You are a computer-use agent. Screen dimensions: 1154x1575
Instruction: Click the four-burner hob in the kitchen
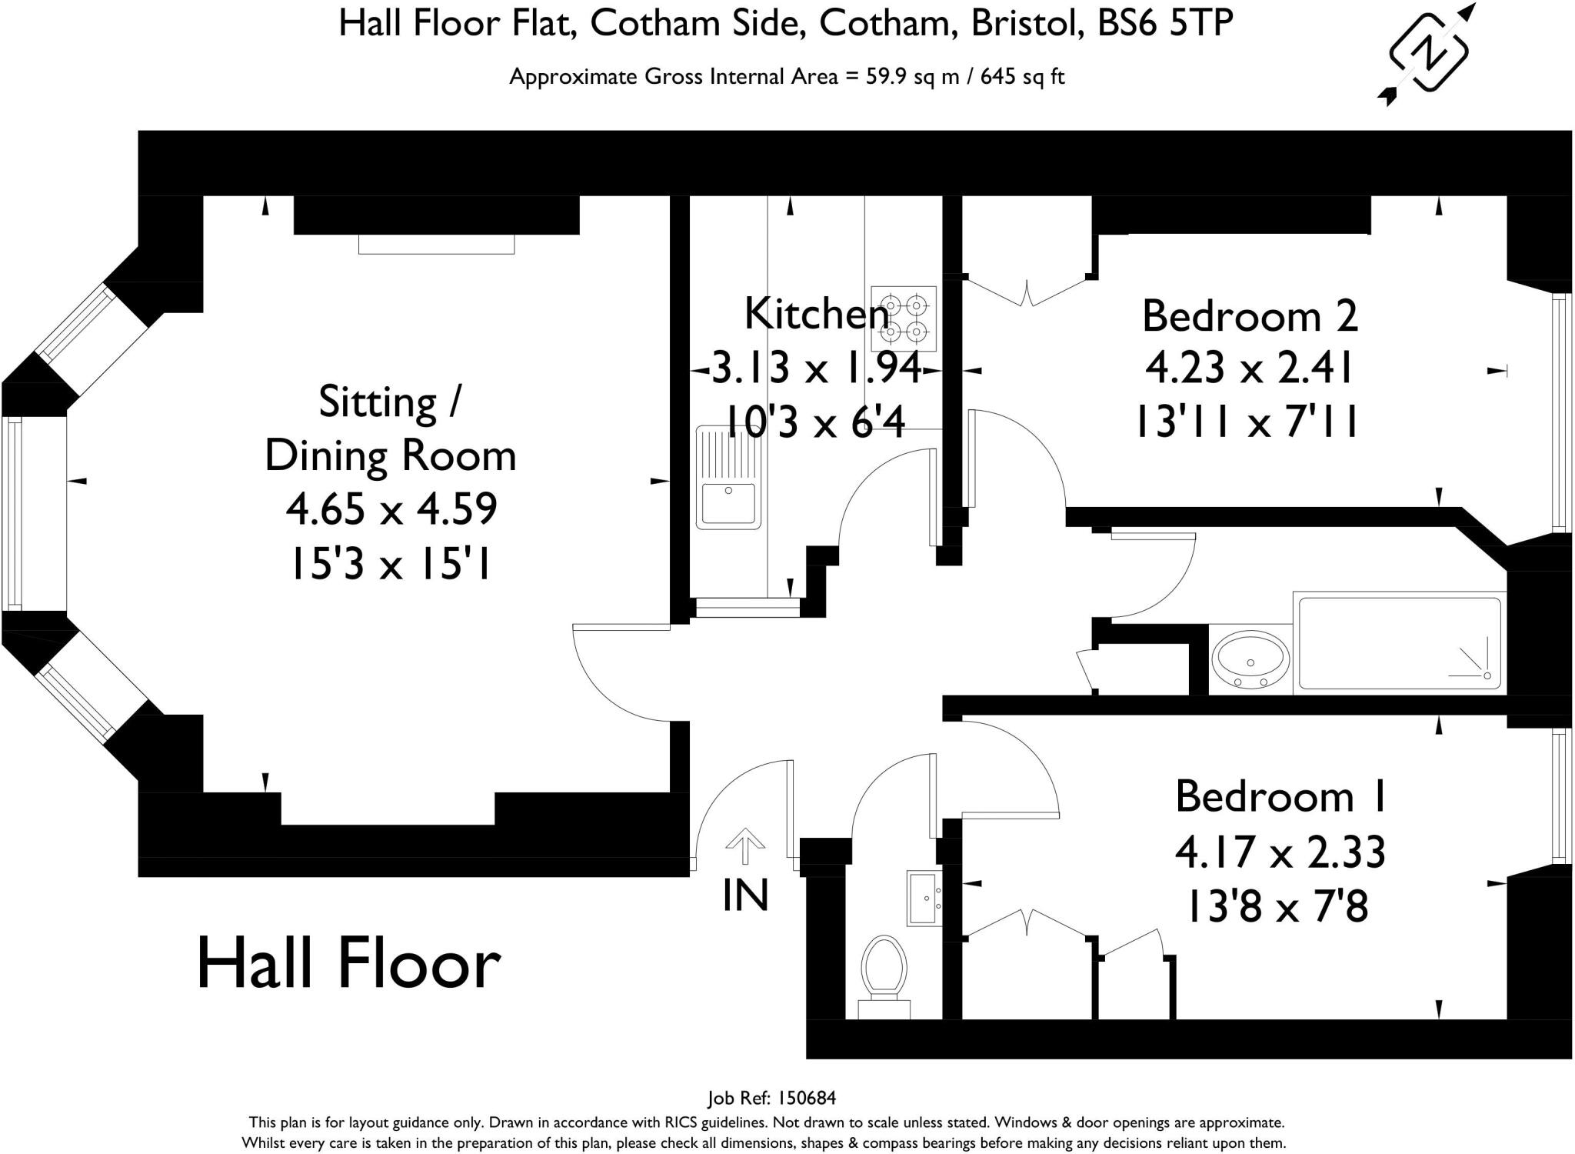point(904,319)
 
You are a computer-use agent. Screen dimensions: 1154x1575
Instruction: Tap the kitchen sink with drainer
point(728,478)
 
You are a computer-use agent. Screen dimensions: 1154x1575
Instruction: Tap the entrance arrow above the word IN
point(744,846)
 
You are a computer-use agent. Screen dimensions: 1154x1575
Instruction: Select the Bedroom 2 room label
point(1250,316)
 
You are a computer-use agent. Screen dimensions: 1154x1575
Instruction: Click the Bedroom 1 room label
point(1280,796)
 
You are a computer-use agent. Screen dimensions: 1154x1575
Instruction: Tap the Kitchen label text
point(817,314)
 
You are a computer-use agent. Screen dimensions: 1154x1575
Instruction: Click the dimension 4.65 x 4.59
point(391,509)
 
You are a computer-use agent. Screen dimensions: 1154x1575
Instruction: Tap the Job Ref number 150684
point(807,1098)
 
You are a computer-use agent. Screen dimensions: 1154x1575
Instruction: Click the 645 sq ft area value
point(1023,77)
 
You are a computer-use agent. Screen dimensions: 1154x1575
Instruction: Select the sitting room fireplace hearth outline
point(436,244)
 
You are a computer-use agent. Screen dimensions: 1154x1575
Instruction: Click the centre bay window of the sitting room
point(13,513)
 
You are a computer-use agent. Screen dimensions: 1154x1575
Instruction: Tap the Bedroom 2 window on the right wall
point(1560,412)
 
